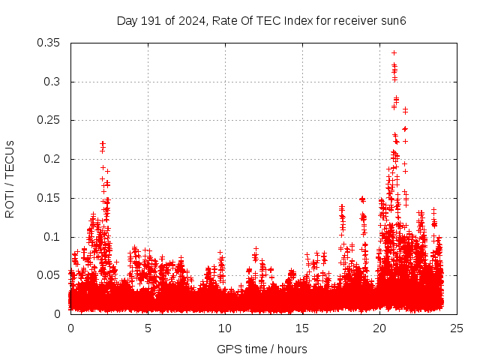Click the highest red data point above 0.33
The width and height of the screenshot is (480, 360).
pyautogui.click(x=394, y=53)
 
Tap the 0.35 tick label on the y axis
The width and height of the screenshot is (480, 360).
pyautogui.click(x=49, y=43)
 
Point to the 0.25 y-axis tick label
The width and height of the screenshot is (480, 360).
pyautogui.click(x=49, y=120)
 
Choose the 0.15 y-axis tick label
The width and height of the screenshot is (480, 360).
pyautogui.click(x=49, y=198)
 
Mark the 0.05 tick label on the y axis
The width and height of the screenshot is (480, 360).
pyautogui.click(x=49, y=275)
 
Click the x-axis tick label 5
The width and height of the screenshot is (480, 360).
pyautogui.click(x=148, y=328)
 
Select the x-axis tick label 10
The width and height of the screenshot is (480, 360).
pyautogui.click(x=225, y=328)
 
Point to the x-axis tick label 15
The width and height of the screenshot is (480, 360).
pyautogui.click(x=302, y=328)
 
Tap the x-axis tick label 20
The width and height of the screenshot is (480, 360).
pyautogui.click(x=379, y=328)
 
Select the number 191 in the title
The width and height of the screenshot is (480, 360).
pyautogui.click(x=151, y=20)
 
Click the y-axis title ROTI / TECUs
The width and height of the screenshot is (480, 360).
pyautogui.click(x=10, y=178)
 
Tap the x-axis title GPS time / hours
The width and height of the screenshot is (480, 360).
pyautogui.click(x=262, y=349)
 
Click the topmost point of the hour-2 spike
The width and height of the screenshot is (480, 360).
pyautogui.click(x=103, y=142)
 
